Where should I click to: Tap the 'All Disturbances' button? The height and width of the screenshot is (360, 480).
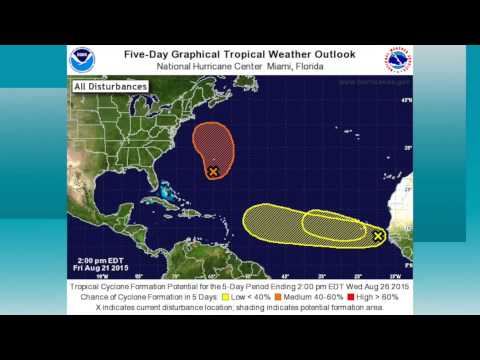110,87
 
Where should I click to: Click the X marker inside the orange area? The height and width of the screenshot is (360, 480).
213,172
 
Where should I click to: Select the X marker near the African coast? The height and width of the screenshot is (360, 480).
378,236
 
